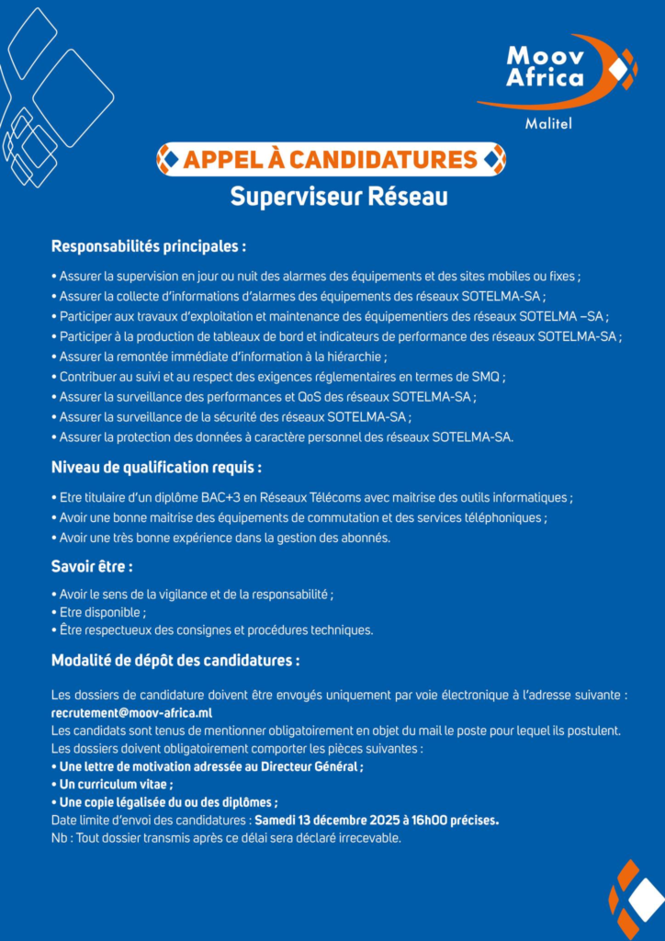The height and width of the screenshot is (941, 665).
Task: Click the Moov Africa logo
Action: [x=559, y=71]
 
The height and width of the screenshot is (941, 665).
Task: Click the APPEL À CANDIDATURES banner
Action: [x=331, y=160]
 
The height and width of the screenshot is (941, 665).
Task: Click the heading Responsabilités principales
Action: [x=149, y=246]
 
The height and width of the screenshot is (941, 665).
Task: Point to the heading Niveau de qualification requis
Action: [x=156, y=468]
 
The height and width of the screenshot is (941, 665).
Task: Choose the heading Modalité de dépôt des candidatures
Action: [x=175, y=660]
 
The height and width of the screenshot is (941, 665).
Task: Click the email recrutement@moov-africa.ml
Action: [x=132, y=712]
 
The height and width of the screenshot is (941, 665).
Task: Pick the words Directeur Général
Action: [x=311, y=766]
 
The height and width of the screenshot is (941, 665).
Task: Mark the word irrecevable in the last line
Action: [x=366, y=838]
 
